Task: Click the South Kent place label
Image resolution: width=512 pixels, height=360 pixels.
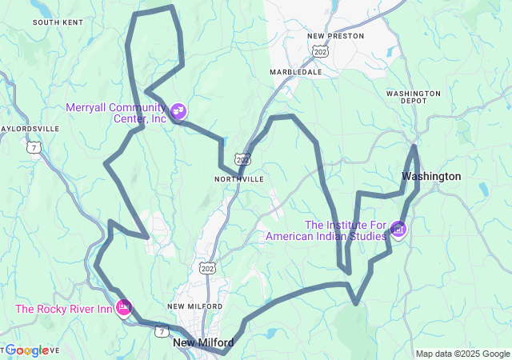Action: point(57,22)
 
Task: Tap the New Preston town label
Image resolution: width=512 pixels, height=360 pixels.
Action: point(335,36)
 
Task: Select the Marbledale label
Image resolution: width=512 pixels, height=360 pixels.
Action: point(296,72)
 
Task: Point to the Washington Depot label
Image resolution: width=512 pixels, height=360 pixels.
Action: point(413,98)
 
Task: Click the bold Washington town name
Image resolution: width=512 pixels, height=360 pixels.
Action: point(431,176)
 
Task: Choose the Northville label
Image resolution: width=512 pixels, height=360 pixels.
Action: point(238,179)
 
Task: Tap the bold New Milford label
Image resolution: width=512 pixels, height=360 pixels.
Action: point(203,342)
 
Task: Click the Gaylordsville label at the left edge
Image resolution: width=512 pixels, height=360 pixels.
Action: point(30,128)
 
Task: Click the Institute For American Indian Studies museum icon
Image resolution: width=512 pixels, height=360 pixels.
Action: point(398,230)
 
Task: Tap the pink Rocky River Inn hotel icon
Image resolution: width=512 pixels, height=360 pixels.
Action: point(124,307)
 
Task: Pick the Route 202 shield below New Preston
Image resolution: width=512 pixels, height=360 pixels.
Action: point(321,51)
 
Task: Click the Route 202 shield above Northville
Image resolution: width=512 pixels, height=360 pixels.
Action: point(243,159)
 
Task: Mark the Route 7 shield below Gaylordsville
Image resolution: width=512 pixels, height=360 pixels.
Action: point(34,147)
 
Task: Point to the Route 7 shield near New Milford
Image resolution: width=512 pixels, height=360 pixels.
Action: point(162,330)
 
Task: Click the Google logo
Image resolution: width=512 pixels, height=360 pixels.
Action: point(27,350)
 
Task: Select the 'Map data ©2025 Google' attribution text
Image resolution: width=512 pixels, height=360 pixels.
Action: point(462,354)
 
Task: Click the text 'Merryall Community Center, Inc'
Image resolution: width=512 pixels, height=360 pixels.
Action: point(116,113)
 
